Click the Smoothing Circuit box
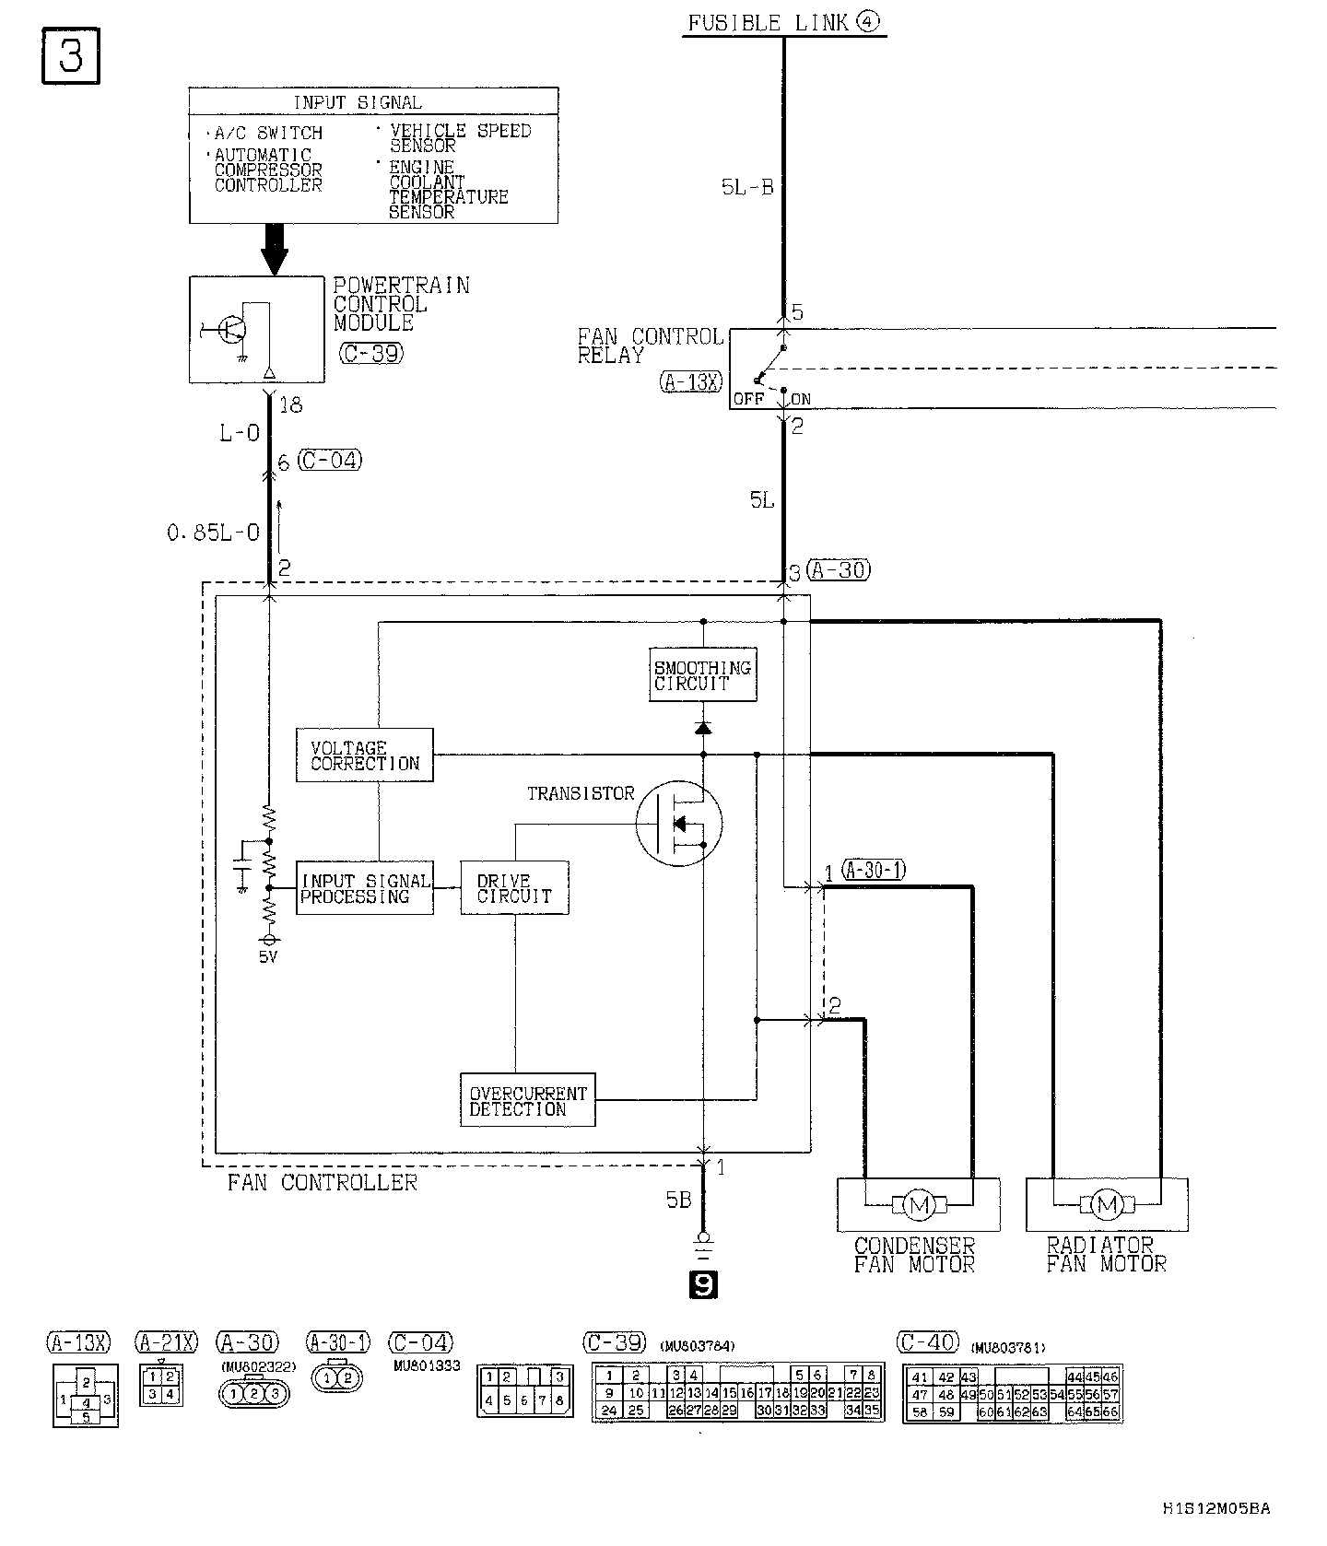pyautogui.click(x=702, y=674)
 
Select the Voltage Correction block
pyautogui.click(x=364, y=755)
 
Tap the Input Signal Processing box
pyautogui.click(x=365, y=888)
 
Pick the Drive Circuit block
pyautogui.click(x=514, y=888)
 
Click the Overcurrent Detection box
pyautogui.click(x=527, y=1100)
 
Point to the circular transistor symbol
pyautogui.click(x=679, y=823)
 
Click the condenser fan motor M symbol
pyautogui.click(x=917, y=1204)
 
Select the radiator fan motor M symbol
pyautogui.click(x=1107, y=1204)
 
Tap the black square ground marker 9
pyautogui.click(x=703, y=1284)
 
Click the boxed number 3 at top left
pyautogui.click(x=71, y=56)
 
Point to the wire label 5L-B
pyautogui.click(x=747, y=187)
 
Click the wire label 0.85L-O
pyautogui.click(x=214, y=533)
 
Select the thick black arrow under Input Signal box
pyautogui.click(x=275, y=248)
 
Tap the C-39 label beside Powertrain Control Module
pyautogui.click(x=370, y=353)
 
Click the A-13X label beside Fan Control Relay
pyautogui.click(x=692, y=381)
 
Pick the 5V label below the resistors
pyautogui.click(x=267, y=956)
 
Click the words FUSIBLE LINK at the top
pyautogui.click(x=768, y=23)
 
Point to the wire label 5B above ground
pyautogui.click(x=678, y=1200)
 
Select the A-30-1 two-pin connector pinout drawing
pyautogui.click(x=338, y=1378)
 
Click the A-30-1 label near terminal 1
pyautogui.click(x=874, y=870)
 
